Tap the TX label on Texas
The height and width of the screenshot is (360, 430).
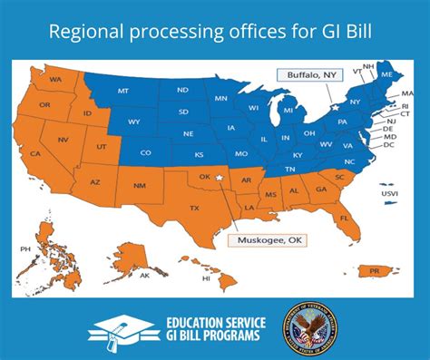click(x=193, y=208)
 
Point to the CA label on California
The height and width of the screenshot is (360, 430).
click(x=35, y=154)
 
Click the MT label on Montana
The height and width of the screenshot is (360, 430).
click(x=122, y=92)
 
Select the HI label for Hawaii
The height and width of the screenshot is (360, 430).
click(x=207, y=278)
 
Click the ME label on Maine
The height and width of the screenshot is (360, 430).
click(x=386, y=74)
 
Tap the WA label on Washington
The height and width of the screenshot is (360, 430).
click(x=55, y=80)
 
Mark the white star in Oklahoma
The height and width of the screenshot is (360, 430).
click(x=220, y=179)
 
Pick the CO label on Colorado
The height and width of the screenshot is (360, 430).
click(x=146, y=152)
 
